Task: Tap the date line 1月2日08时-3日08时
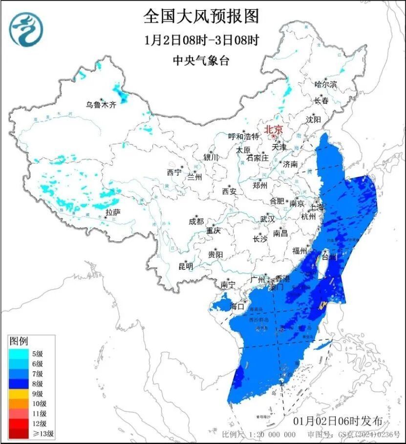pyautogui.click(x=201, y=40)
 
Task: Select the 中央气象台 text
pyautogui.click(x=201, y=61)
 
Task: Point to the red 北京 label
pyautogui.click(x=274, y=129)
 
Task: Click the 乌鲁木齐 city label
pyautogui.click(x=101, y=104)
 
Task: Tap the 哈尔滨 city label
pyautogui.click(x=326, y=85)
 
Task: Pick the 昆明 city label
pyautogui.click(x=186, y=266)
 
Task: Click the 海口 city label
pyautogui.click(x=237, y=307)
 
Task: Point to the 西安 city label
pyautogui.click(x=229, y=191)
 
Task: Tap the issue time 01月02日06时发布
pyautogui.click(x=341, y=421)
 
